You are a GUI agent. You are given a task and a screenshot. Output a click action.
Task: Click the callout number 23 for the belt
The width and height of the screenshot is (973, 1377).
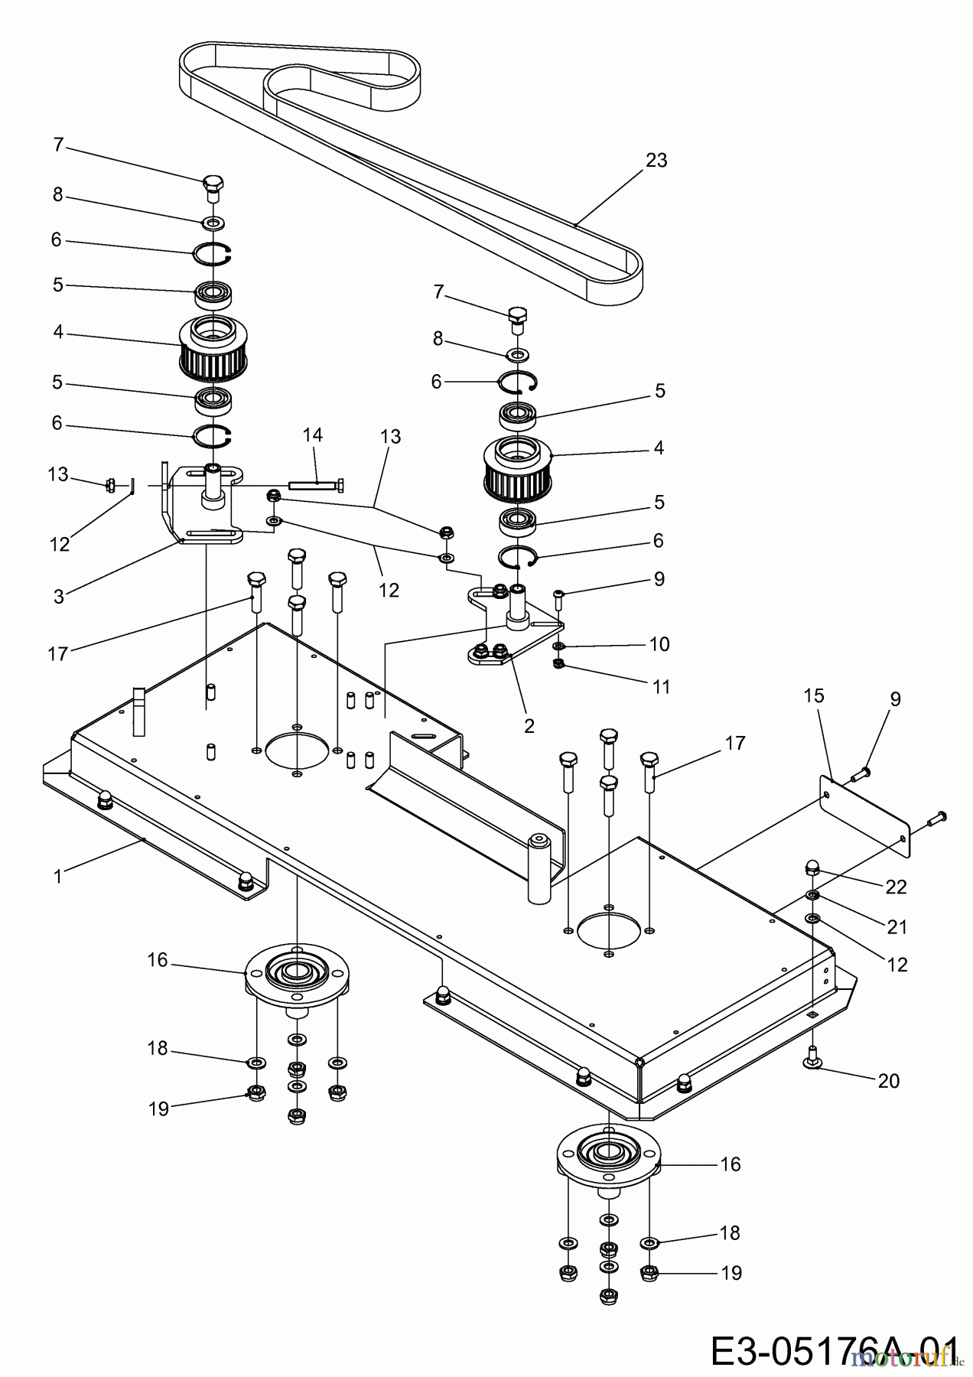656,161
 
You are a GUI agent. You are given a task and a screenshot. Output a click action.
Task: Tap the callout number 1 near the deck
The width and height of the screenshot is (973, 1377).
58,875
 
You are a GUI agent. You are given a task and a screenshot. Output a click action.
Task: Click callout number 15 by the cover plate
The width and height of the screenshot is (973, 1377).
814,695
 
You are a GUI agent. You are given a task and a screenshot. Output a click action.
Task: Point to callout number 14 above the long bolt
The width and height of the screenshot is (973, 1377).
312,435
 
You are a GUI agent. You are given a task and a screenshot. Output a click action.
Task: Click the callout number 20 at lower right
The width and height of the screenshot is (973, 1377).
888,1081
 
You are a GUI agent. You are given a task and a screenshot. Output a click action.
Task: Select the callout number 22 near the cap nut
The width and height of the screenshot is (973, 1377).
896,887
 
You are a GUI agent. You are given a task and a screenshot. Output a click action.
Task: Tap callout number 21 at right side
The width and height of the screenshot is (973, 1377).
897,926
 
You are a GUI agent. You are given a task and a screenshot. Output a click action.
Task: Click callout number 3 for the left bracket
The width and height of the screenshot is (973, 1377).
59,596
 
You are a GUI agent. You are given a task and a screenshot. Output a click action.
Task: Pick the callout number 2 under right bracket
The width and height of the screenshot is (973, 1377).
529,725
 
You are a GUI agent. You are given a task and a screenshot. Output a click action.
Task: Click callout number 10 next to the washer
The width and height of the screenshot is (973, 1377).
659,644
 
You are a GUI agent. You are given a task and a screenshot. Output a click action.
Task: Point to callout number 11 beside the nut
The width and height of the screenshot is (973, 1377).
662,687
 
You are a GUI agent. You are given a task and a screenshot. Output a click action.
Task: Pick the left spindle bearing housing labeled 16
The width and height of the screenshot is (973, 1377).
295,975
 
